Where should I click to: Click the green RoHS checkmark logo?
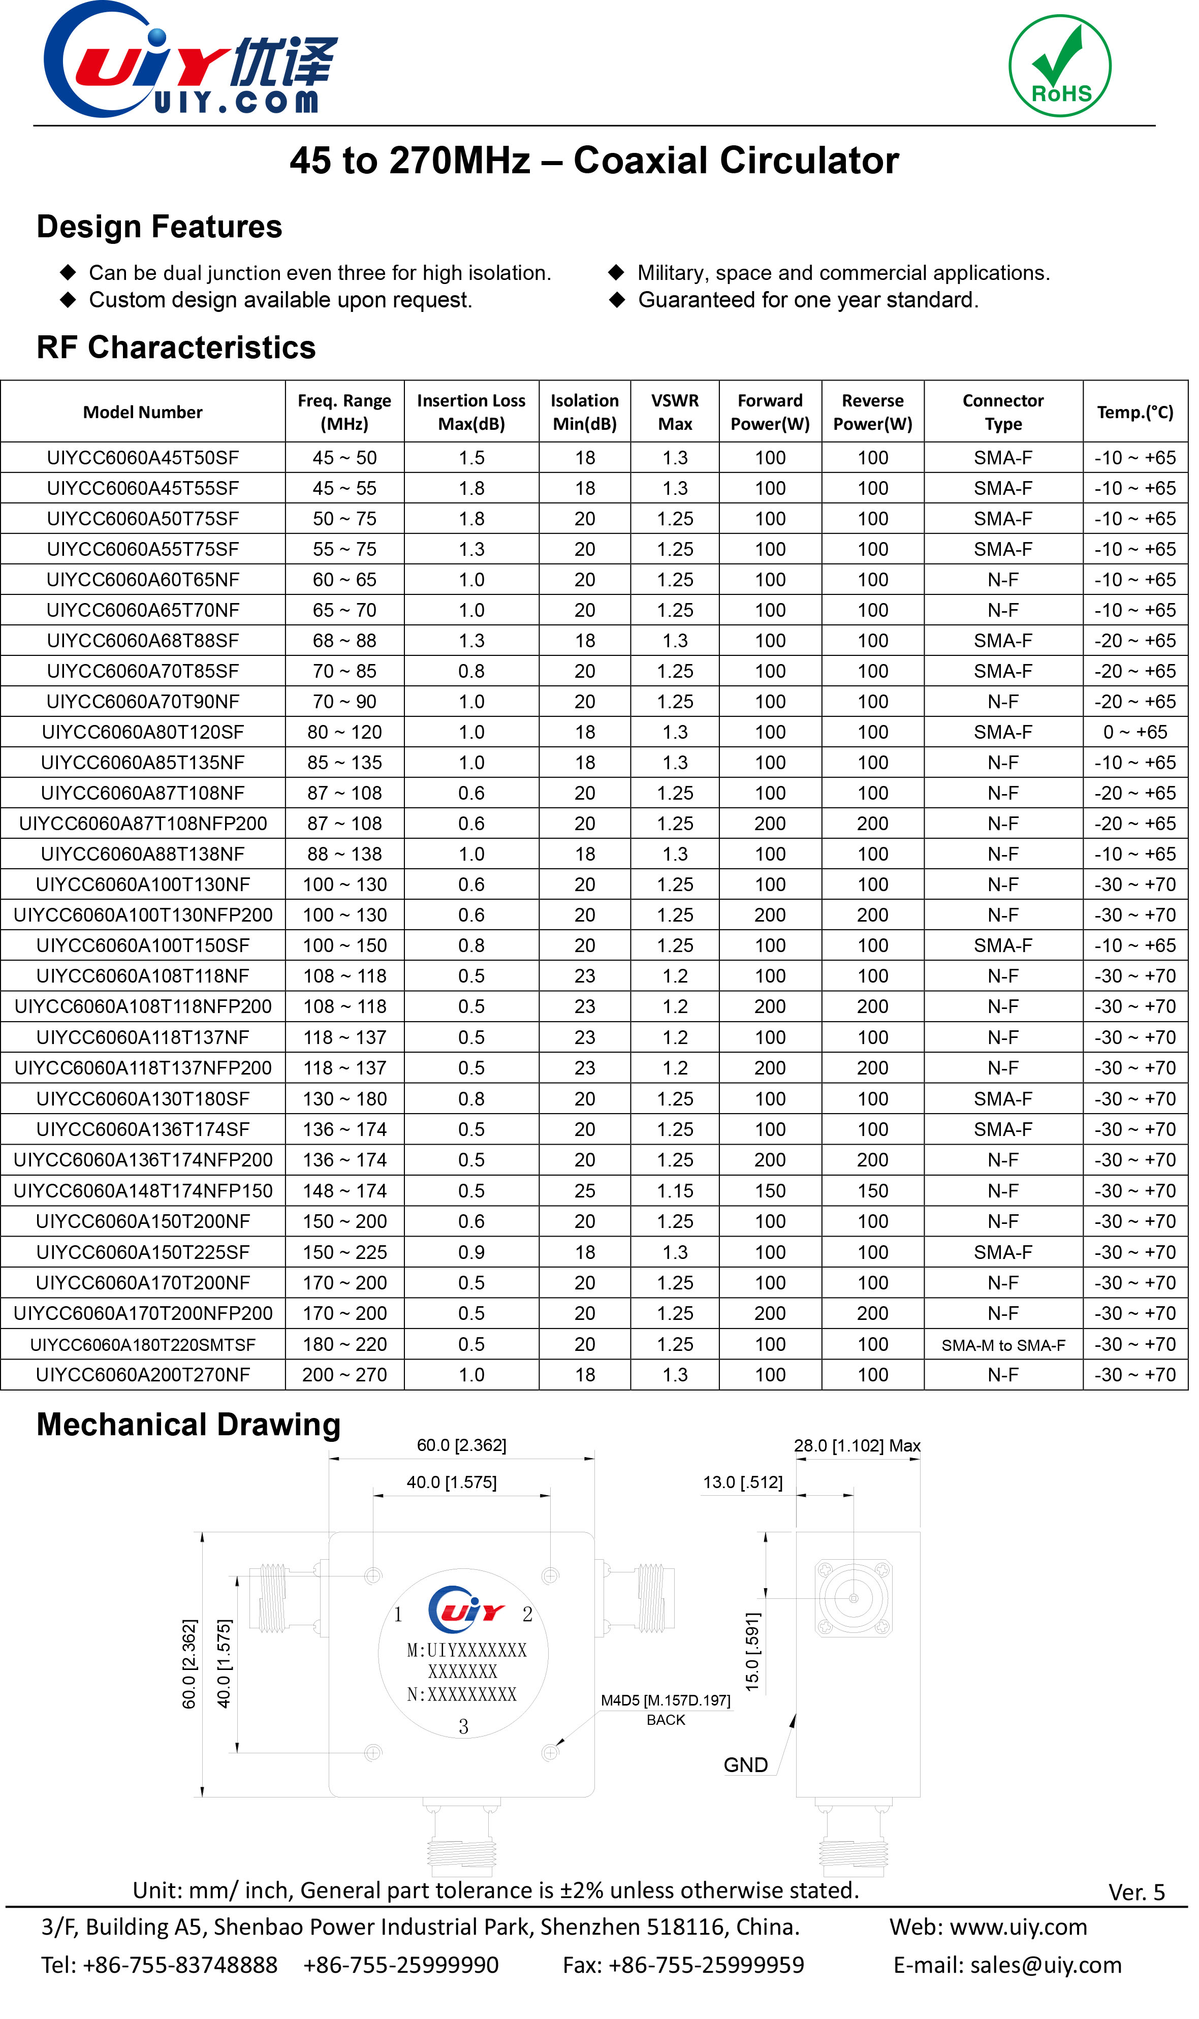[1059, 66]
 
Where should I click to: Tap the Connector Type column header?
[1003, 412]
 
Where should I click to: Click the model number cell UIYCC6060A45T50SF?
[143, 458]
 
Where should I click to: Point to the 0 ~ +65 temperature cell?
[1134, 732]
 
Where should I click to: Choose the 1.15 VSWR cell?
[675, 1191]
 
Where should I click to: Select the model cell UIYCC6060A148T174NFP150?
[143, 1191]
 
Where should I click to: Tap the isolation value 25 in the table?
[584, 1191]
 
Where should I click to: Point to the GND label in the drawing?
[745, 1765]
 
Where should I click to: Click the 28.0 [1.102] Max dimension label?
[857, 1445]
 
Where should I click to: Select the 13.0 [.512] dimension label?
[742, 1482]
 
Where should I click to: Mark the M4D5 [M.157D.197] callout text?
[665, 1700]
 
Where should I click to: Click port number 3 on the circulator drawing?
[463, 1726]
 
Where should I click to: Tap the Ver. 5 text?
[1136, 1893]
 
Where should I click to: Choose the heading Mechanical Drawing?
[188, 1425]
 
